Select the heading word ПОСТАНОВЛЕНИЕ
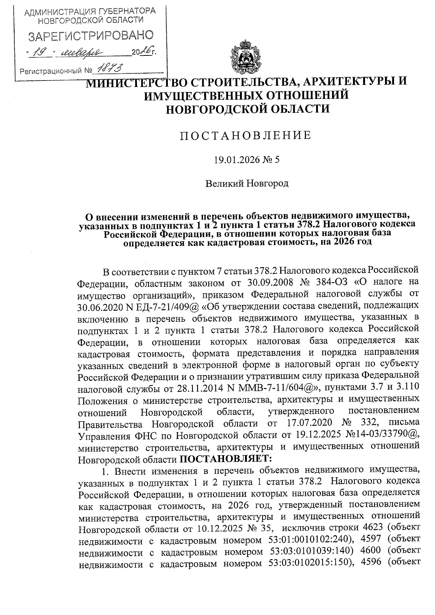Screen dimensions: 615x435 tap(246, 135)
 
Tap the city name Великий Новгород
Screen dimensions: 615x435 tap(247, 183)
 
